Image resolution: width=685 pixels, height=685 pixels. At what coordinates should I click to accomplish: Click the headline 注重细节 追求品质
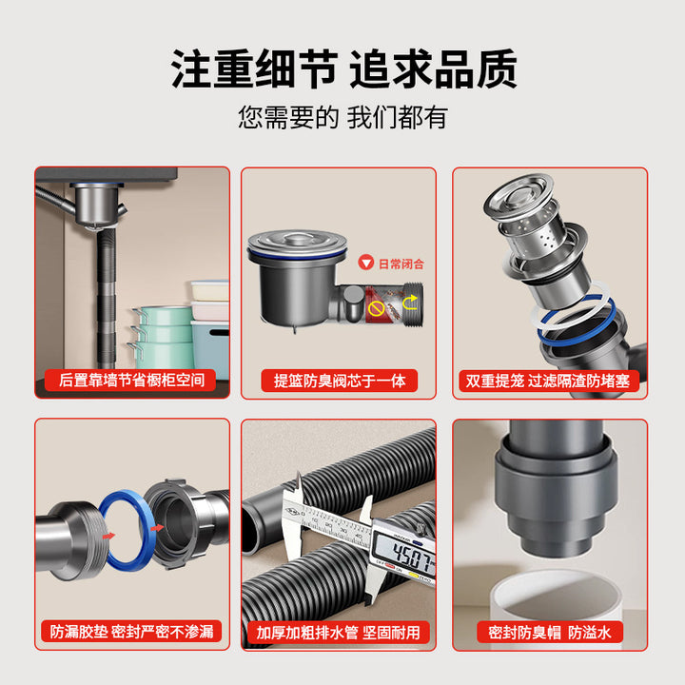pos(343,69)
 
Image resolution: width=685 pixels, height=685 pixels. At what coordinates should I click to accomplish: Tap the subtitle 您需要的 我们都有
pos(342,117)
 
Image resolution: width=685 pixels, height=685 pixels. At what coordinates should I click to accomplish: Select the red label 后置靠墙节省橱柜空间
pos(130,380)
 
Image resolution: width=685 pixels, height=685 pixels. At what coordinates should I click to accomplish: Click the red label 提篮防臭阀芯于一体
pos(339,381)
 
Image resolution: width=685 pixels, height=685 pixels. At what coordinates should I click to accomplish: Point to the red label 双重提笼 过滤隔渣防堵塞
pos(549,381)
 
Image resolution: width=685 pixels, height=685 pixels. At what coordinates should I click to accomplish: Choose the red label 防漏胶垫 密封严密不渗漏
pos(131,632)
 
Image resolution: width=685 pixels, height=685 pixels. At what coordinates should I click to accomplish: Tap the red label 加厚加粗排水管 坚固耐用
pos(338,632)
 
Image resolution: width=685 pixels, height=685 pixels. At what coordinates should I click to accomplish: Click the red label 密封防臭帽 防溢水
pos(550,632)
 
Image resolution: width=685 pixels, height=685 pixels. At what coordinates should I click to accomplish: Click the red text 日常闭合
pos(401,264)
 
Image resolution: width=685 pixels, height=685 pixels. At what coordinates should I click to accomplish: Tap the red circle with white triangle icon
pos(366,263)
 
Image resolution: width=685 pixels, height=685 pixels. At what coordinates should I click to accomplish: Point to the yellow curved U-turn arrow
pos(410,303)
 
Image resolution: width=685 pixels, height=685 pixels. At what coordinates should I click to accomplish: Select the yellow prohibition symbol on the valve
pos(376,308)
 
